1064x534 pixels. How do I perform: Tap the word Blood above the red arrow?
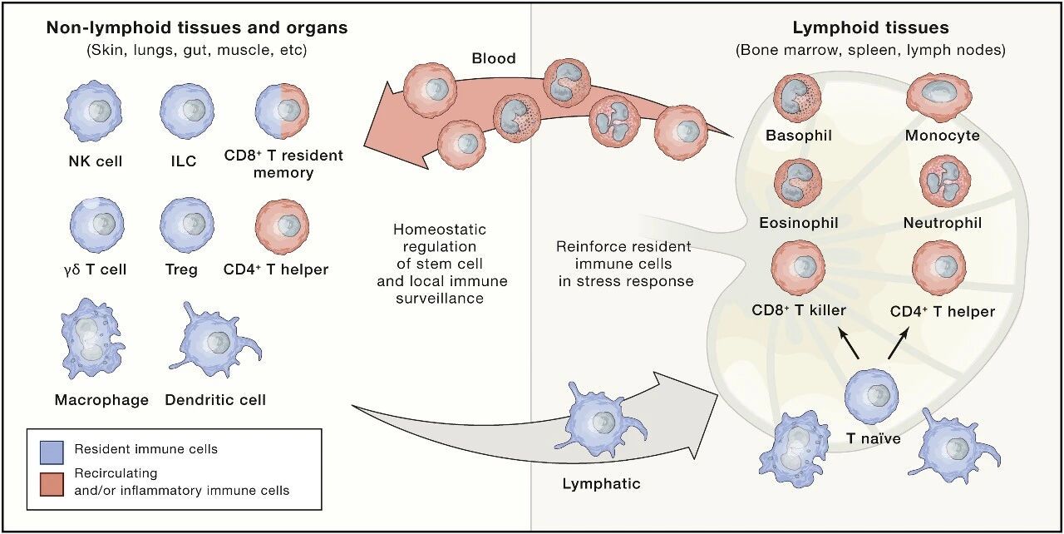coord(493,58)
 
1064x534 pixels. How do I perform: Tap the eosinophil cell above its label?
coord(799,185)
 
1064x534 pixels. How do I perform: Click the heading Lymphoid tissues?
coord(870,28)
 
